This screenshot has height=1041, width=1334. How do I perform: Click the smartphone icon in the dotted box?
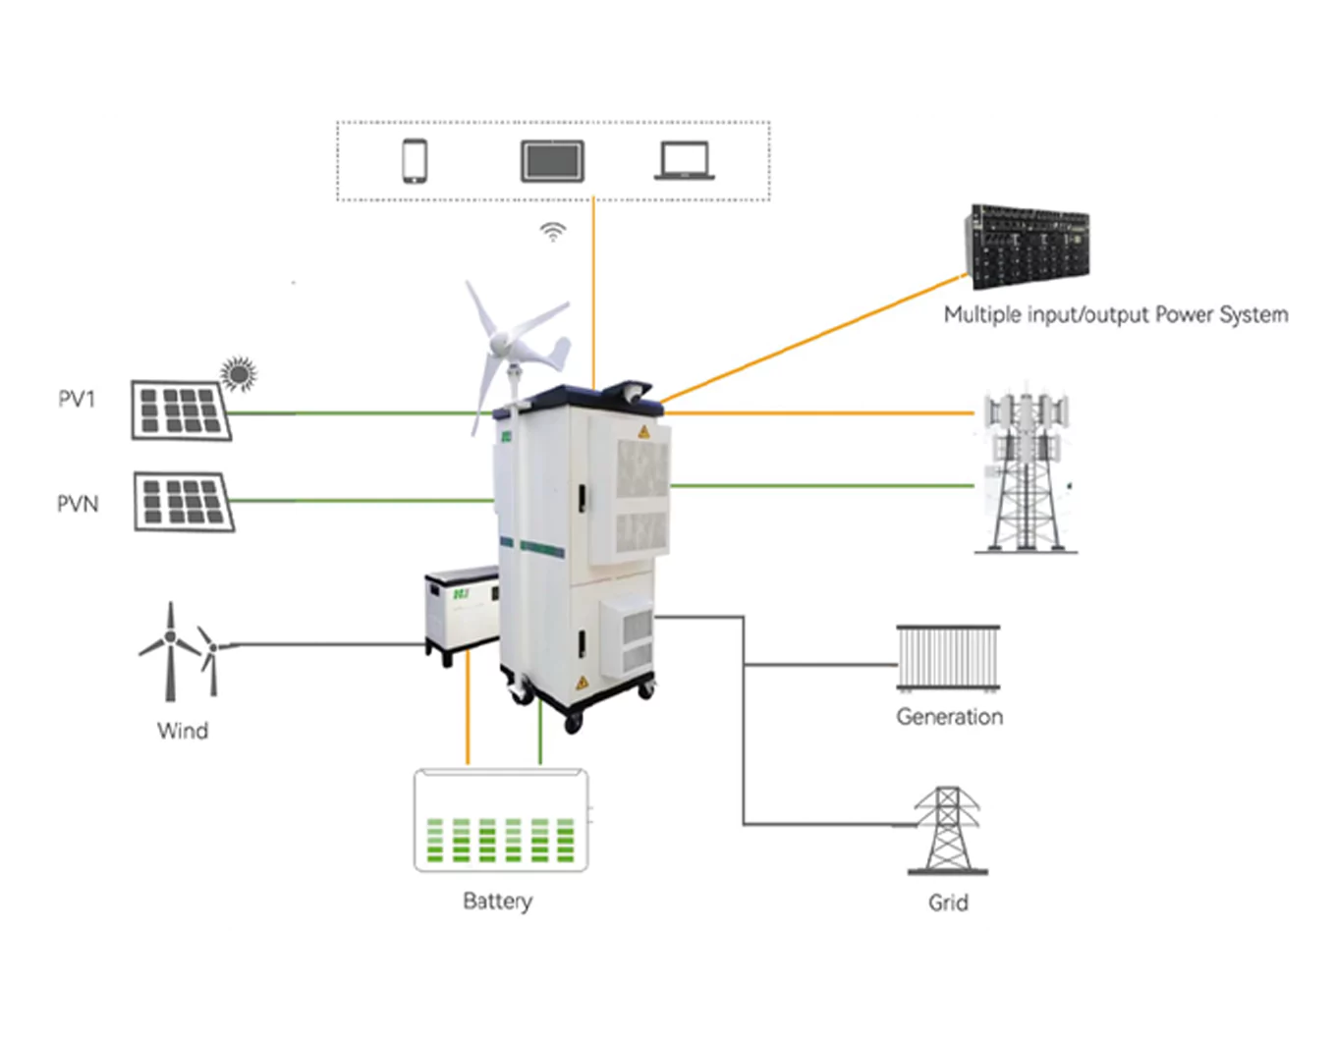(x=415, y=161)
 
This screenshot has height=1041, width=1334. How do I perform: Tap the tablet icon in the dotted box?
(x=552, y=161)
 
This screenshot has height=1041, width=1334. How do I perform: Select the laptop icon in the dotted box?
(x=685, y=162)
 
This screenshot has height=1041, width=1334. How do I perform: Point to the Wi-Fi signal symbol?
(x=553, y=232)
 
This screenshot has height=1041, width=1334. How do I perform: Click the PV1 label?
(x=77, y=399)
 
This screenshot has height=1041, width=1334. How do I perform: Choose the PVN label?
(x=78, y=504)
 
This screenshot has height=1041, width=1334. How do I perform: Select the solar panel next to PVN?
(x=184, y=502)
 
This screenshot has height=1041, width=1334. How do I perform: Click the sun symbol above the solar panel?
(x=239, y=373)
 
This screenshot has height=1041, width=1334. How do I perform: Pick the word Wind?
(x=183, y=731)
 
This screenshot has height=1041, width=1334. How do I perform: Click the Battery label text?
(x=497, y=901)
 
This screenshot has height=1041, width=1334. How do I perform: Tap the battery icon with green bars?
(x=501, y=821)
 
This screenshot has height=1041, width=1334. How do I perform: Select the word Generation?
(x=949, y=717)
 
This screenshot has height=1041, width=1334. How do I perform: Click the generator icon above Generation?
(x=948, y=657)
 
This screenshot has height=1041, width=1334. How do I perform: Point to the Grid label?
(x=948, y=903)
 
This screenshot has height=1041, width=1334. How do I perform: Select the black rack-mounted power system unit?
(x=1028, y=246)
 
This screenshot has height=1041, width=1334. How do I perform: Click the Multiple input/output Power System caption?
(x=1115, y=315)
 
